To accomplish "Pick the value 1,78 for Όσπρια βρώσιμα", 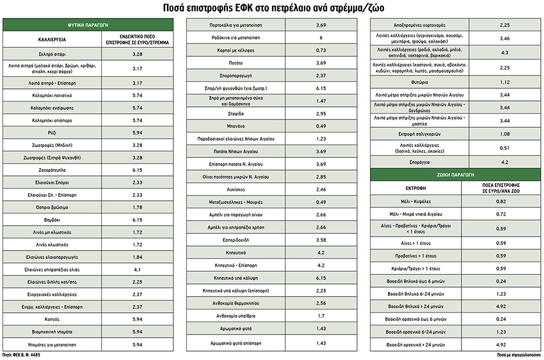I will tap(137, 207).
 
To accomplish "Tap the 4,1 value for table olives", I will tap(137, 269).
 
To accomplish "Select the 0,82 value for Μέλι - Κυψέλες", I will tap(502, 201).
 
